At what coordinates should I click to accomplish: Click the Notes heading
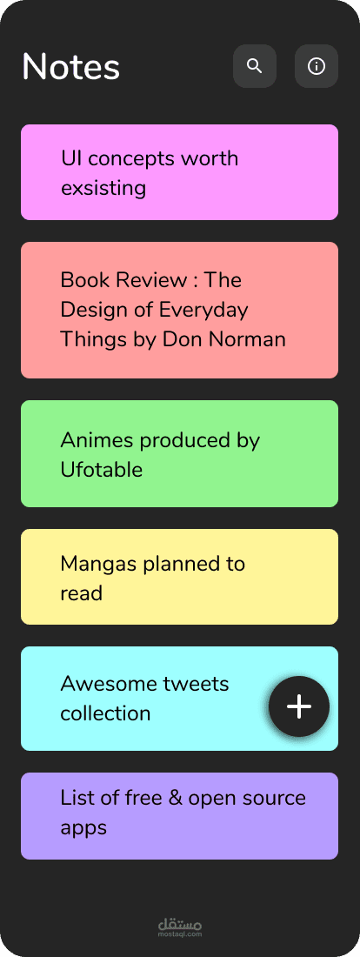click(70, 66)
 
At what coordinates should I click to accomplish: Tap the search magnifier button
click(255, 66)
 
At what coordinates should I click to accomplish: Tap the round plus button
click(299, 706)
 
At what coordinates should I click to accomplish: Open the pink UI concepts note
click(179, 172)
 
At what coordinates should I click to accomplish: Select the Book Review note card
click(179, 310)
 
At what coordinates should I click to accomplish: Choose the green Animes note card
click(179, 453)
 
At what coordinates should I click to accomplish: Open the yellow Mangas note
click(179, 577)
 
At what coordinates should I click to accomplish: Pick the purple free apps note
click(179, 815)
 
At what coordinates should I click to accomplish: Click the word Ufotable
click(101, 469)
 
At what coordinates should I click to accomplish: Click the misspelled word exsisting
click(103, 188)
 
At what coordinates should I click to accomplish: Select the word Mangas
click(99, 564)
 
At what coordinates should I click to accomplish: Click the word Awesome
click(102, 684)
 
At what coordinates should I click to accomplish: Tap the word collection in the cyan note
click(105, 713)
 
